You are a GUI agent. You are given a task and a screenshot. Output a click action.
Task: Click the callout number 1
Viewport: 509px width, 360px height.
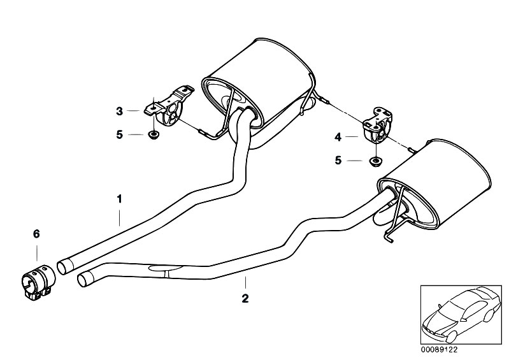coord(120,199)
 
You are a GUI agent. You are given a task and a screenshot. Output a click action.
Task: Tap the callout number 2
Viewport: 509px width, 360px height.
coord(245,298)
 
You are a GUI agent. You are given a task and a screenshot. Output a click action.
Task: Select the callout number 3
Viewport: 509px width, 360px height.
coord(120,112)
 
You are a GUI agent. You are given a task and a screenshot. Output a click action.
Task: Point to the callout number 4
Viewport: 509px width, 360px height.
coord(338,138)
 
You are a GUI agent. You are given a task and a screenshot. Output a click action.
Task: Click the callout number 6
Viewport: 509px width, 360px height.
coord(36,233)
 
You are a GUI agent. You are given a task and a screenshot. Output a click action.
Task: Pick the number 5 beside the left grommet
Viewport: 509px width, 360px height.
coord(120,134)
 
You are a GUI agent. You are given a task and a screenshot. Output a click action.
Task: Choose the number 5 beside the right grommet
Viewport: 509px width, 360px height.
coord(338,161)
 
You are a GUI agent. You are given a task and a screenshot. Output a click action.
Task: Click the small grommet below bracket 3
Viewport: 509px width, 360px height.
coord(152,134)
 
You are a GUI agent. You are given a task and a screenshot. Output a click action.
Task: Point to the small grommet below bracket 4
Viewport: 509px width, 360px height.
coord(375,161)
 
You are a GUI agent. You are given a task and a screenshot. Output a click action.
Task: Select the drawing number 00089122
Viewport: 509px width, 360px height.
coord(439,350)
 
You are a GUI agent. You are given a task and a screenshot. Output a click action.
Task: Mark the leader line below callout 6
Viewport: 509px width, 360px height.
coord(37,253)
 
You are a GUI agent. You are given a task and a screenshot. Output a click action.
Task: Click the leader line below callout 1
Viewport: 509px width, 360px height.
coord(120,217)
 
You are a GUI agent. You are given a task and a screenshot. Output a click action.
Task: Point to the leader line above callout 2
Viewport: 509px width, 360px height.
coord(245,283)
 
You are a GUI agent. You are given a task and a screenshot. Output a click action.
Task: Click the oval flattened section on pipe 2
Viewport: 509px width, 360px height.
coord(166,268)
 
